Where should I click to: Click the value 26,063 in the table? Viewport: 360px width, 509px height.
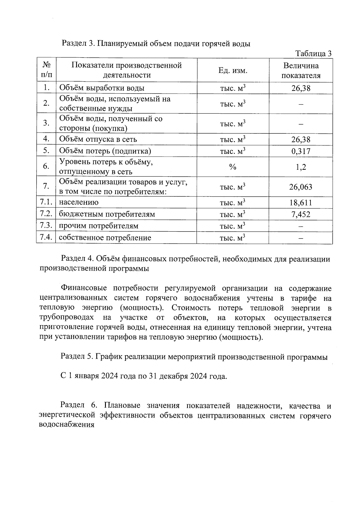coord(301,187)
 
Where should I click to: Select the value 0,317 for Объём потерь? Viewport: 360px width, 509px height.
coord(301,151)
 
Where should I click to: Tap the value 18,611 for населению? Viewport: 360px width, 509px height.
coord(301,203)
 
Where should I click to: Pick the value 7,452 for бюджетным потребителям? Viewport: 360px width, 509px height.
coord(301,214)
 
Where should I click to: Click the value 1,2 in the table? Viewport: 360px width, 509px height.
coord(301,167)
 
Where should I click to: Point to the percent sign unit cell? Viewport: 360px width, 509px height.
coord(232,167)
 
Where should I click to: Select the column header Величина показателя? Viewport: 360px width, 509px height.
coord(301,70)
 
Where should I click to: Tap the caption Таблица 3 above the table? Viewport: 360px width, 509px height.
coord(313,54)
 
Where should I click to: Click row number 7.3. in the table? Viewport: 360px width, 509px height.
coord(46,226)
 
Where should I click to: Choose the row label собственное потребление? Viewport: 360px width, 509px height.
coord(105,238)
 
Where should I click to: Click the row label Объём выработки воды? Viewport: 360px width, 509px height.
coord(102,88)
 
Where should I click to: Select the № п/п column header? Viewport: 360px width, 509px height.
coord(46,70)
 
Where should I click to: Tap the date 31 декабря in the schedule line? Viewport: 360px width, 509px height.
coord(168,376)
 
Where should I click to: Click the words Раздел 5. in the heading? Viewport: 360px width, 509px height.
coord(77,357)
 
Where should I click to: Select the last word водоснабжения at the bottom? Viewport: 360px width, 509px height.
coord(67,425)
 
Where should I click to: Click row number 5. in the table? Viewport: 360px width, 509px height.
coord(46,151)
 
